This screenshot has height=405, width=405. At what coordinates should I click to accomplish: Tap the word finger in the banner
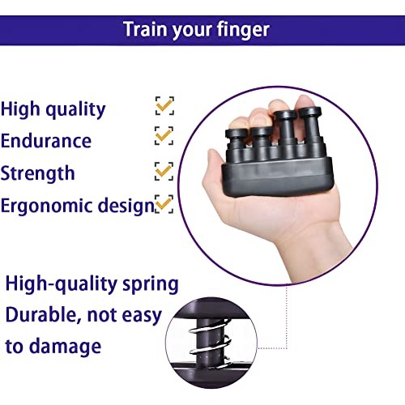[242, 31]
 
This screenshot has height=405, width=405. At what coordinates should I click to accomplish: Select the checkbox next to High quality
[164, 105]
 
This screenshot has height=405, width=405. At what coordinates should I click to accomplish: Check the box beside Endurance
[164, 135]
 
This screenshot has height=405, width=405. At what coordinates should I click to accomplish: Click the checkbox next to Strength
[164, 170]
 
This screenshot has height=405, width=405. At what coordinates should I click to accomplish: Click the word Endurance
[46, 140]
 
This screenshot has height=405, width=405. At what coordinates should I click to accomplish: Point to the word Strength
[38, 173]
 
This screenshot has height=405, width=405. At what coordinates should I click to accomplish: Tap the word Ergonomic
[45, 206]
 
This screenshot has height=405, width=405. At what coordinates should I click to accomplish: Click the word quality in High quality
[76, 109]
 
